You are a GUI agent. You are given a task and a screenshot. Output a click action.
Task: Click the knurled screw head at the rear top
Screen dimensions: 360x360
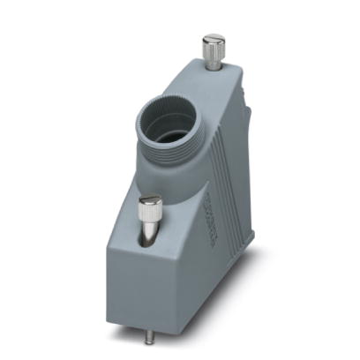tap(213, 47)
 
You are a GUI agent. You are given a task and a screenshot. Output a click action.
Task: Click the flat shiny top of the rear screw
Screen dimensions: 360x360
tap(213, 39)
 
